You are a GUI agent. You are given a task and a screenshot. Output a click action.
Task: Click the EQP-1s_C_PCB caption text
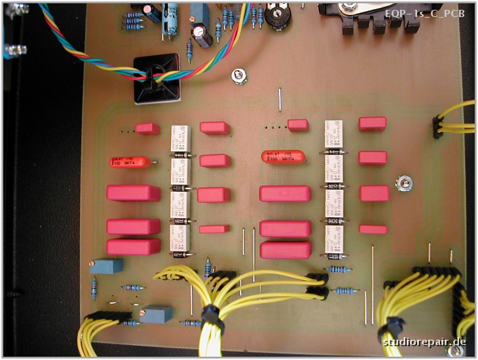point(426,13)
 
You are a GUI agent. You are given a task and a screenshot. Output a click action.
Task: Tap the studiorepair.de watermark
point(425,342)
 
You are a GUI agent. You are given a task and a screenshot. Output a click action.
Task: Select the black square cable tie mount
point(157,78)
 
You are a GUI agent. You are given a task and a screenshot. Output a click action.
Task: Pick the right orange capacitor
point(283,158)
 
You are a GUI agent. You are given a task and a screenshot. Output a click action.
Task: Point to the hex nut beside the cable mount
point(239,78)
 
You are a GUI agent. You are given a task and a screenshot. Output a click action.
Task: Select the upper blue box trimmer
point(107,266)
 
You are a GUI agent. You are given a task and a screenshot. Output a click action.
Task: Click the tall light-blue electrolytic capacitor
point(171,18)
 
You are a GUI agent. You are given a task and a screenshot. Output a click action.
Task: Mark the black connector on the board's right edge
point(437,127)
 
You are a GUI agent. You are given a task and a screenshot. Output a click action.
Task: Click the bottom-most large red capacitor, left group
point(134,247)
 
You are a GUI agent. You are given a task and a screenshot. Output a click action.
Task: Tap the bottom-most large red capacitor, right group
point(285,250)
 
